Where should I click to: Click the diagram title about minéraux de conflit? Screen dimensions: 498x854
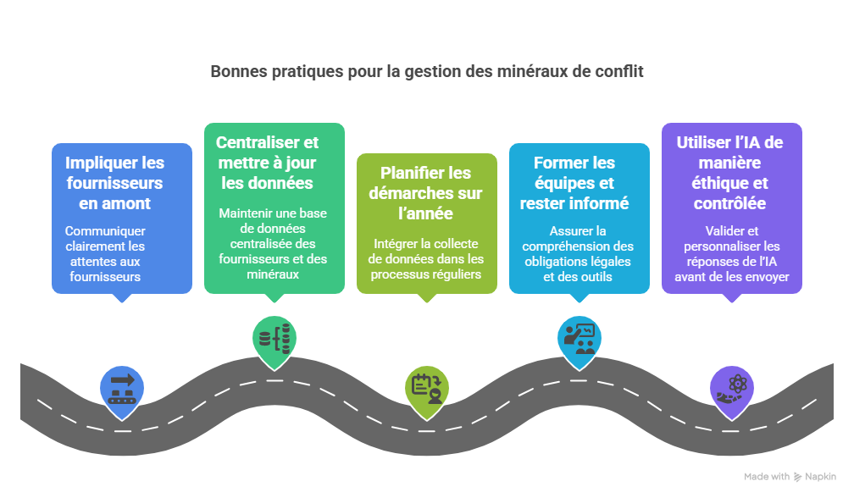point(427,72)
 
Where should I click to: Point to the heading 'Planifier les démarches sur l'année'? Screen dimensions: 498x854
point(425,193)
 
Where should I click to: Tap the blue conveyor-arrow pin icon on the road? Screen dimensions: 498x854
point(122,386)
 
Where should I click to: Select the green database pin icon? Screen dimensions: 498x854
point(274,338)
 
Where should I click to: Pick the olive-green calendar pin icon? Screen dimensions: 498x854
point(426,386)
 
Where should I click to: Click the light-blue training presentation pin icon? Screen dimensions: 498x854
point(579,336)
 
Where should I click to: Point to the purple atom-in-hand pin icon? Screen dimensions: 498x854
point(730,386)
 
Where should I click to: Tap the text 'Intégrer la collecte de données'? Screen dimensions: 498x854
point(426,259)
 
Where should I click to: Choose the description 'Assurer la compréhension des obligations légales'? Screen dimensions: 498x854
point(579,253)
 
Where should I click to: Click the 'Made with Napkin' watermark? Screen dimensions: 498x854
point(790,477)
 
